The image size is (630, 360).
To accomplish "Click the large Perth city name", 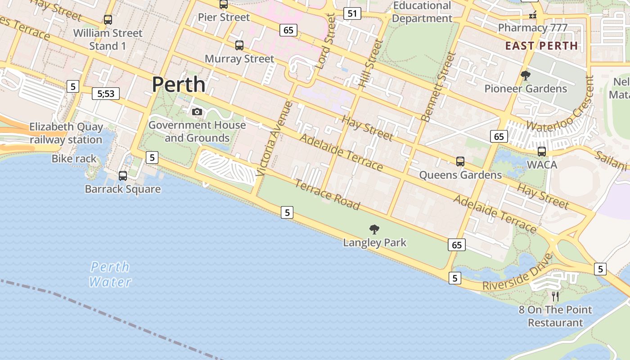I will pos(179,84).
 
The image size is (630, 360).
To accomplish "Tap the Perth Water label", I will pos(110,274).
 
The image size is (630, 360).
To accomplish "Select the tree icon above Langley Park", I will pos(374,229).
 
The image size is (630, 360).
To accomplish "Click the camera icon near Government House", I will pos(197,112).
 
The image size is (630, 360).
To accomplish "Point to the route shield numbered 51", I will pos(352,13).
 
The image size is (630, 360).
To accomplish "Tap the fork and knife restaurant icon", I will pos(555,296).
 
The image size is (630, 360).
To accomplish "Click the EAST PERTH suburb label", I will pos(541,45).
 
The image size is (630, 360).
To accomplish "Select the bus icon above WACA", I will pos(542,152).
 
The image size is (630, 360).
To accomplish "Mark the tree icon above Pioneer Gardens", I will pos(525,75).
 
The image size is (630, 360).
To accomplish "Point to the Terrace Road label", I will pos(327,194).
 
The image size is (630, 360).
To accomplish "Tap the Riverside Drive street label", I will pos(517,273).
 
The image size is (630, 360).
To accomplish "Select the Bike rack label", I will pos(74,158).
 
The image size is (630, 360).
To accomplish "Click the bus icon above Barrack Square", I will pos(122,176).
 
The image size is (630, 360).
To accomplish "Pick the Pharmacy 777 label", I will pos(532,27).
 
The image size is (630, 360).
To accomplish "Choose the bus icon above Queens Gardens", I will pos(460,162).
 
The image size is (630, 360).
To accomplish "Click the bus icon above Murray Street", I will pos(239,45).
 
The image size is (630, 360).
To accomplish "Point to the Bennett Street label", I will pos(438,87).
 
